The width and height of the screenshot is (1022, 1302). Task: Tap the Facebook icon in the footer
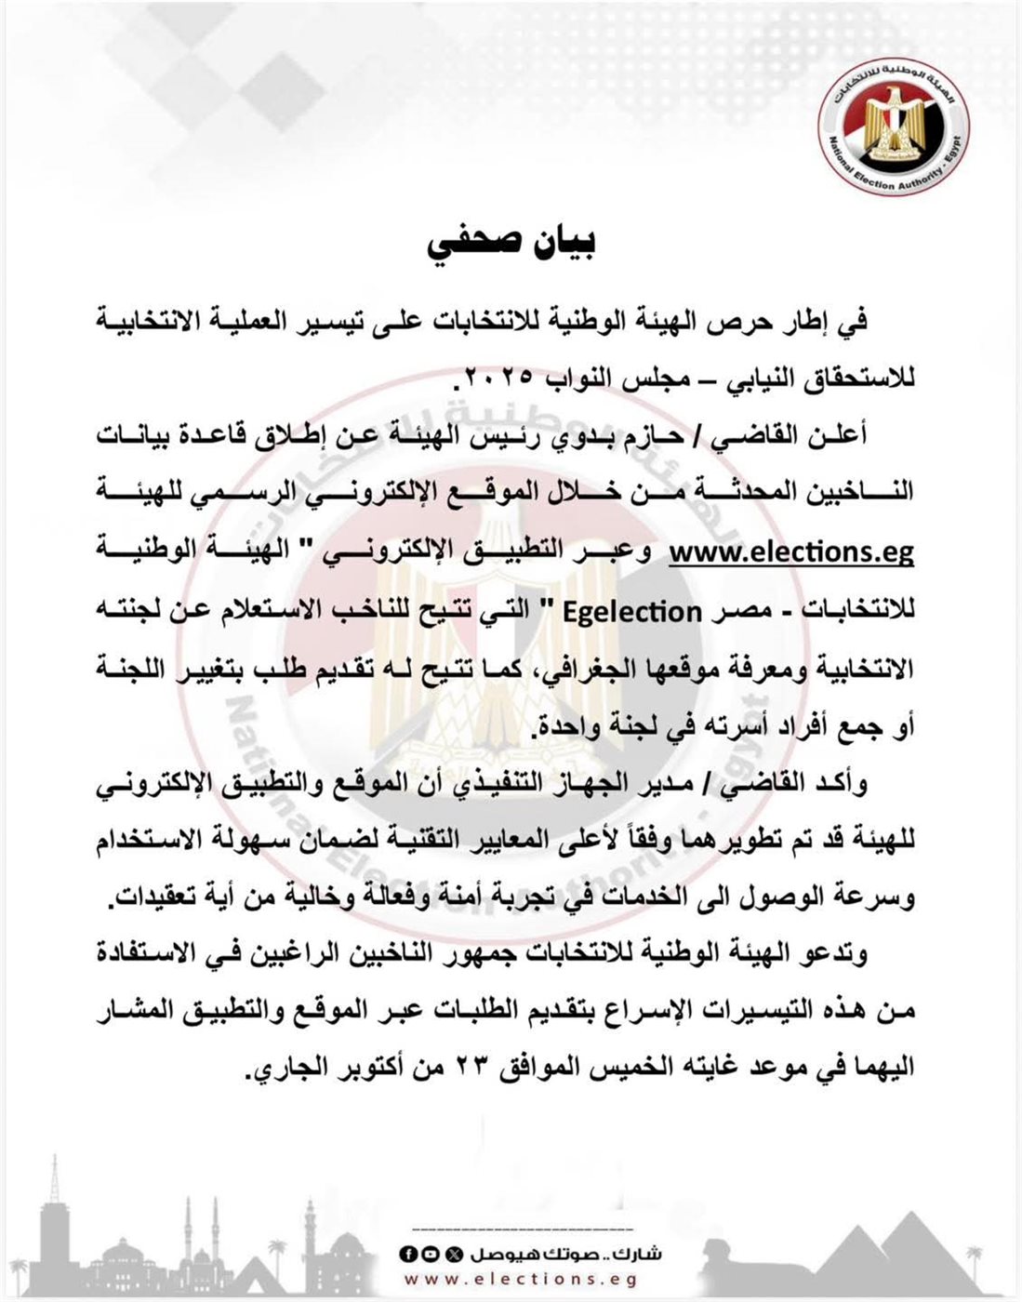[x=406, y=1255]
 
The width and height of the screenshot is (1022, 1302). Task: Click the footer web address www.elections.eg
[x=521, y=1281]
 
